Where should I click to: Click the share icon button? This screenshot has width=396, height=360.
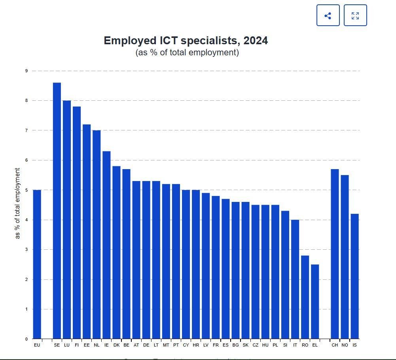point(328,15)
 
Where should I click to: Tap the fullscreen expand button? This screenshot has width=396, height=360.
point(355,15)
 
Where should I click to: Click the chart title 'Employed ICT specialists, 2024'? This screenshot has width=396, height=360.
point(186,41)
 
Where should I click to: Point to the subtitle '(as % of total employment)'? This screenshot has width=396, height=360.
point(187,53)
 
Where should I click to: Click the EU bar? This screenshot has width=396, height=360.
point(37,264)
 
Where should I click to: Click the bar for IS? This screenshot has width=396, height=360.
point(354,276)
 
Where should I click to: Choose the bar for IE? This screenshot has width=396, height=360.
point(106,245)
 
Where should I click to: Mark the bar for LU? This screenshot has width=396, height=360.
point(66,220)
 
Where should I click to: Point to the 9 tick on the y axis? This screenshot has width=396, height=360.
point(27,71)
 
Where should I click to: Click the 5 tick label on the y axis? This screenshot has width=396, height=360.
point(27,190)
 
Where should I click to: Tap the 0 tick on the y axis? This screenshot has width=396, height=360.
point(27,339)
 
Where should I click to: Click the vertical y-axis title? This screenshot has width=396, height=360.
point(17,203)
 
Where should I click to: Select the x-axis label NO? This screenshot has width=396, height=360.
point(345,345)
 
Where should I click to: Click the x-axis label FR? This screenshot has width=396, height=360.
point(216,345)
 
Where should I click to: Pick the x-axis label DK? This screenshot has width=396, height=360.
point(116,345)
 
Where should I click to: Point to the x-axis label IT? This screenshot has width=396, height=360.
point(295,345)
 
